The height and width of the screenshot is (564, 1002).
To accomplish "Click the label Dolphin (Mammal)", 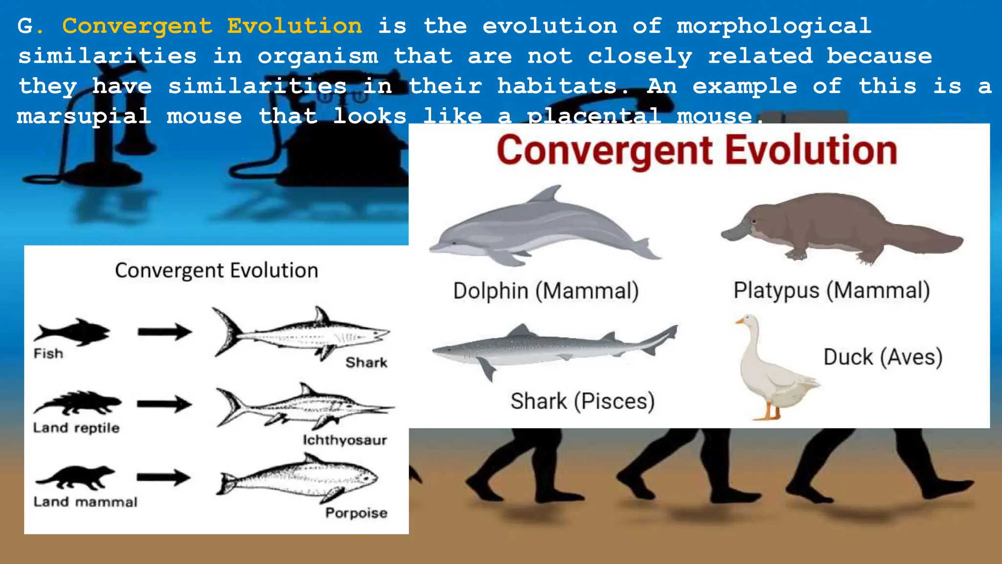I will coord(546,291).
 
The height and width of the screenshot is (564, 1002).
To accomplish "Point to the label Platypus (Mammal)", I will coord(831,290).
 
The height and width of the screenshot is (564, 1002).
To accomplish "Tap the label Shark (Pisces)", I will coord(582,401).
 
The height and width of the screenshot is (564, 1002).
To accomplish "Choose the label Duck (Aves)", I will coord(883,357).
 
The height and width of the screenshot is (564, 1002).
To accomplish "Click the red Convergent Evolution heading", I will coord(697,151).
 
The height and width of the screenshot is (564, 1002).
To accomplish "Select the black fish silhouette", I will coord(72,331).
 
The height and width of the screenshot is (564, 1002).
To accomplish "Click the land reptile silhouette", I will coord(77,402).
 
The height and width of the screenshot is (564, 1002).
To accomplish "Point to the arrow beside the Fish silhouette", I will coord(164,332).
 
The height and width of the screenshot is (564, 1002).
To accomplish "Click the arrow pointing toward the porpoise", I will coord(163,478).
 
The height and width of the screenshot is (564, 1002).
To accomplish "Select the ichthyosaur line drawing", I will coord(303,406).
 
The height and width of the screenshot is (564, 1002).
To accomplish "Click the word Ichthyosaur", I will coord(344,440).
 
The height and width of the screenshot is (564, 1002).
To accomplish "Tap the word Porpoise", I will coord(356,513).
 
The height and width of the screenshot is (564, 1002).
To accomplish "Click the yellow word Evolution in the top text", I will coord(295,26).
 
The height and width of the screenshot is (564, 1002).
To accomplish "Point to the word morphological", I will coord(774,26).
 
